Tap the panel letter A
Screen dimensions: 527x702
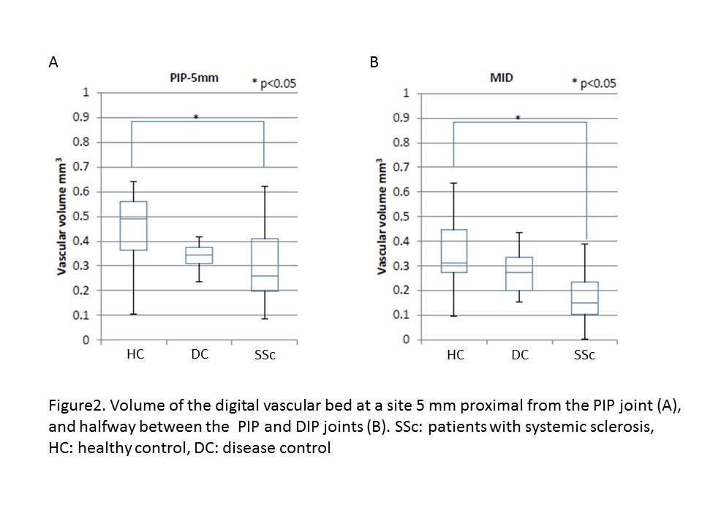(x=53, y=63)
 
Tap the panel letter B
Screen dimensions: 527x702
(x=374, y=63)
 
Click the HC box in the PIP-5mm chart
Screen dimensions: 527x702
(x=134, y=225)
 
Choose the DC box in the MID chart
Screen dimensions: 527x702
(x=519, y=274)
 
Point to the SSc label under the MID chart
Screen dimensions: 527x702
(x=584, y=356)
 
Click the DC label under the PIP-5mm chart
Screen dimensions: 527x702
(x=199, y=354)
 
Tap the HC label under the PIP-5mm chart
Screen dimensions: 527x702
(x=135, y=354)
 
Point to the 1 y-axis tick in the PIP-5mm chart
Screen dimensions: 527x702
(x=86, y=93)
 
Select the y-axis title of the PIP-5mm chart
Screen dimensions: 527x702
(x=64, y=217)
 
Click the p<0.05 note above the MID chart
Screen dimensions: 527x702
(x=594, y=84)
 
